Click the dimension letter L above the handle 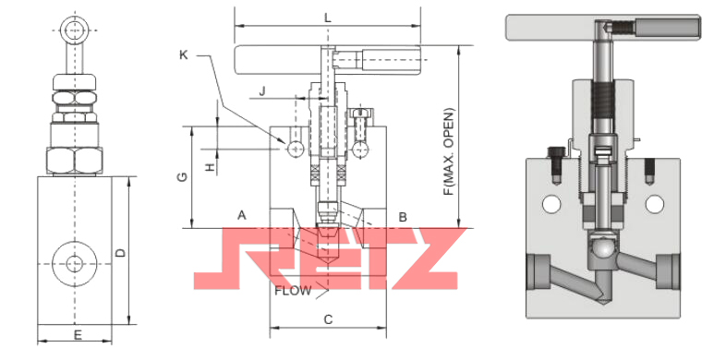(x=328, y=18)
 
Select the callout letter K (x=184, y=54)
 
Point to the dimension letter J (x=262, y=90)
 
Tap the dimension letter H (x=212, y=167)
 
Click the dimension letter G (x=183, y=176)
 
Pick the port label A (x=242, y=215)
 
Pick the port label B (x=403, y=217)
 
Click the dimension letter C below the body (x=328, y=319)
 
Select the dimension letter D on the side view (x=120, y=253)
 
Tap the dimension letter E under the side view (x=78, y=334)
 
